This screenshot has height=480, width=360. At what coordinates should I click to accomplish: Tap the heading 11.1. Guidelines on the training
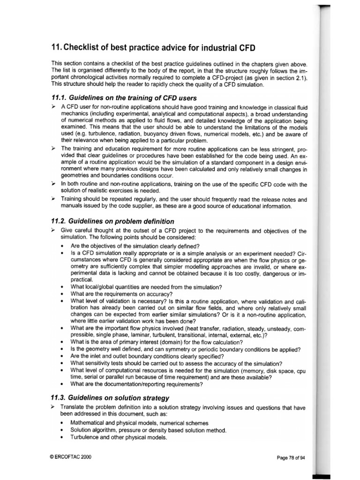[124, 97]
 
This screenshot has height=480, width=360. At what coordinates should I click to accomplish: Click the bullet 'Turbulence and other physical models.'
[119, 437]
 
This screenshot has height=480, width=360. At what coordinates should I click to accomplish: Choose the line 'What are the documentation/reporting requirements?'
[137, 385]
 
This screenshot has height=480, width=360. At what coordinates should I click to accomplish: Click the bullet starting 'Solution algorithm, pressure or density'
[149, 430]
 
